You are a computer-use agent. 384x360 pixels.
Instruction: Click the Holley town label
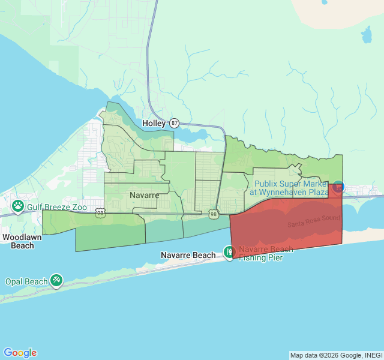(x=154, y=123)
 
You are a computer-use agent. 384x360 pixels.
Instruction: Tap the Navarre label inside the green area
(x=144, y=195)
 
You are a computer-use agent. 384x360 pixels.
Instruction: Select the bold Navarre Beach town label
(x=188, y=255)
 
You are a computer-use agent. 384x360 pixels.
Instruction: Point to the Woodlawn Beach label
(x=18, y=241)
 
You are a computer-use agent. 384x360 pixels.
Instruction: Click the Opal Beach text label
(x=26, y=281)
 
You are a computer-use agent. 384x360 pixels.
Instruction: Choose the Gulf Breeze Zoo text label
(x=57, y=207)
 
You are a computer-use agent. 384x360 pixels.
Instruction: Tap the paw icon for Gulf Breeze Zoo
(x=18, y=207)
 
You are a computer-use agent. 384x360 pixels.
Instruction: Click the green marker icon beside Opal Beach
(x=56, y=280)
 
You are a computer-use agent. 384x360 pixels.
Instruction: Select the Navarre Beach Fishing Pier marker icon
(x=229, y=253)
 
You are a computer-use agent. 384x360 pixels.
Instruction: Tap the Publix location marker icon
(x=338, y=187)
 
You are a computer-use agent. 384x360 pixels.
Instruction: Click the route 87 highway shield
(x=174, y=122)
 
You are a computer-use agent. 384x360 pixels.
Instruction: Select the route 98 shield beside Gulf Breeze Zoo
(x=100, y=212)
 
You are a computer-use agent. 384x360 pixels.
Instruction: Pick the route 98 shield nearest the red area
(x=214, y=214)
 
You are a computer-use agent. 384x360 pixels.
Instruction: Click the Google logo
(x=20, y=353)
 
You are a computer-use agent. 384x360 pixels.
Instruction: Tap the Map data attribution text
(x=336, y=355)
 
